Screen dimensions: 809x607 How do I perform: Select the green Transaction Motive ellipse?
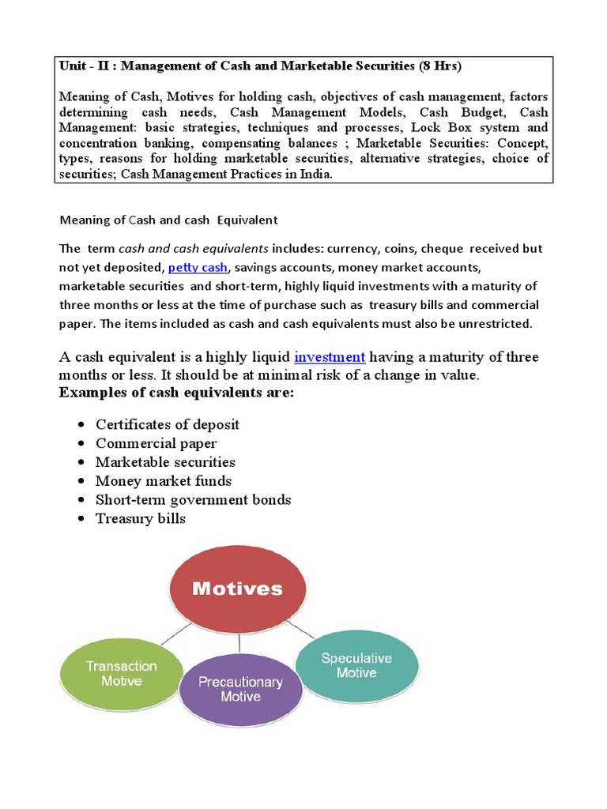(121, 673)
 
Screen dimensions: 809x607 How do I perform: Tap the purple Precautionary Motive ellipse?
(240, 688)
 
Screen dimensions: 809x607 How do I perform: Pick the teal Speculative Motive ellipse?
(356, 664)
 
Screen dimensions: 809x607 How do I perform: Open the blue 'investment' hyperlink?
(329, 357)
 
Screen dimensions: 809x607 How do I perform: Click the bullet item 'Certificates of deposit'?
(167, 424)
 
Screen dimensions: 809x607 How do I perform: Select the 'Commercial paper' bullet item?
(156, 443)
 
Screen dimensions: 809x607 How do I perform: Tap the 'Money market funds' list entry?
(163, 481)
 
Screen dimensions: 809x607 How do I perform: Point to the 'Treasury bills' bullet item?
(140, 518)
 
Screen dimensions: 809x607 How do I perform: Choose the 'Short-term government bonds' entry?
(193, 499)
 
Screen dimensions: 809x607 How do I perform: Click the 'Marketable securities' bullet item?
(165, 462)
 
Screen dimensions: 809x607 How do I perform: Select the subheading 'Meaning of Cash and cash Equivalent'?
(169, 220)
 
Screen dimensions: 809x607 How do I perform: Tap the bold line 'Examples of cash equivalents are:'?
(176, 393)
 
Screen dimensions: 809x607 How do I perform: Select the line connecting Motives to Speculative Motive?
(301, 630)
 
